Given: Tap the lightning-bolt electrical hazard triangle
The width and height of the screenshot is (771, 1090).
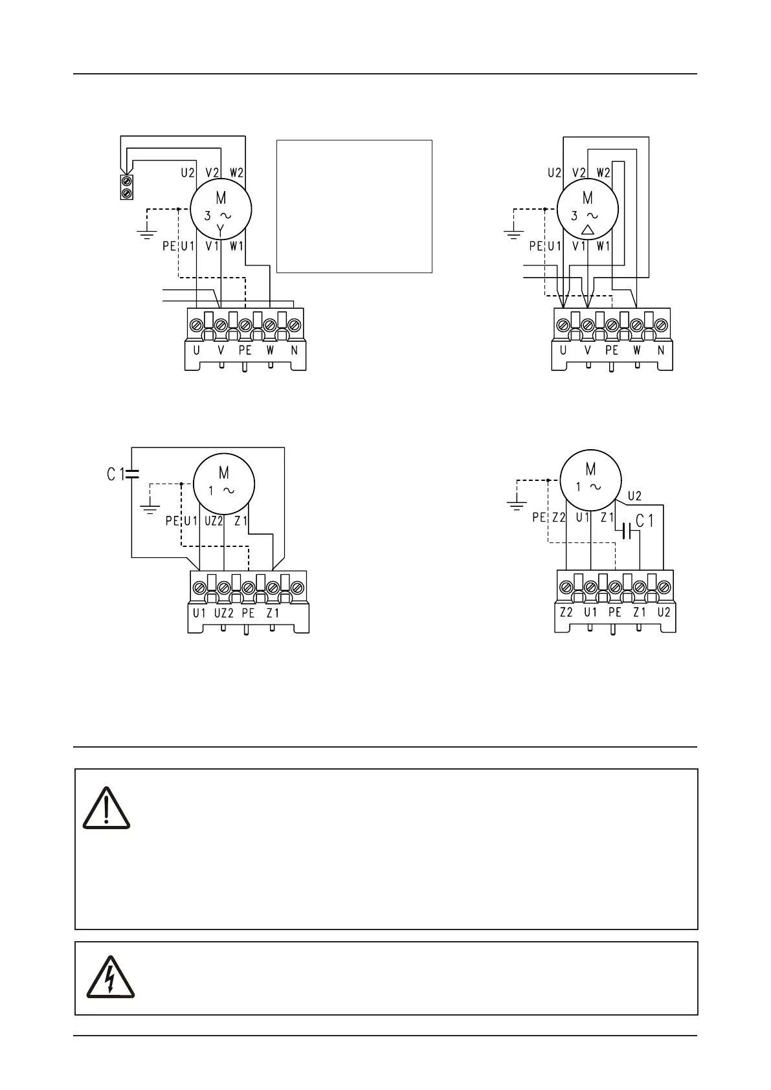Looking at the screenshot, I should [x=109, y=978].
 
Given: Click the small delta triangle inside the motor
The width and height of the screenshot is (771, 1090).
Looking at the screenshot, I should [x=588, y=230].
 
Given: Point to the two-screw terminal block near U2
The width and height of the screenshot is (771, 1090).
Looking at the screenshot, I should [x=127, y=186].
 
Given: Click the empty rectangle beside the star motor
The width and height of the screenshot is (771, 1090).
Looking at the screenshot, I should [x=354, y=206].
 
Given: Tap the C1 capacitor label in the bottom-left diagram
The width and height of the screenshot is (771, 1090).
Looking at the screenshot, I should [x=115, y=474].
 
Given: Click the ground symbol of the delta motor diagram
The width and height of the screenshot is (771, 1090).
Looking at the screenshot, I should [x=514, y=232].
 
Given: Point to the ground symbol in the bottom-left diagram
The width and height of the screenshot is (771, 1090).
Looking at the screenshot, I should [x=150, y=506].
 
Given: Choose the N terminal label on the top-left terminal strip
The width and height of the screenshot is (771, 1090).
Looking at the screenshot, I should [x=294, y=351].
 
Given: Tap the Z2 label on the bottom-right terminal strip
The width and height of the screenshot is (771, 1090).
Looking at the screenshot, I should [x=566, y=612].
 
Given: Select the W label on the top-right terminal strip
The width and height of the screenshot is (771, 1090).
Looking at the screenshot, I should [x=636, y=351].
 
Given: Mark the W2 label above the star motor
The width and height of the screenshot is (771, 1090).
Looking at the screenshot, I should [x=236, y=173].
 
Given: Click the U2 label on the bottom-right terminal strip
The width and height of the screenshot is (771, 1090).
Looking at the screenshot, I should [x=664, y=612].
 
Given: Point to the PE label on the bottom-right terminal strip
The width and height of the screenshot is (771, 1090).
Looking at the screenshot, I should [x=614, y=612].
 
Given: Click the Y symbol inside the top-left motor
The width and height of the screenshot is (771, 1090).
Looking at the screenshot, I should [x=220, y=230].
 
